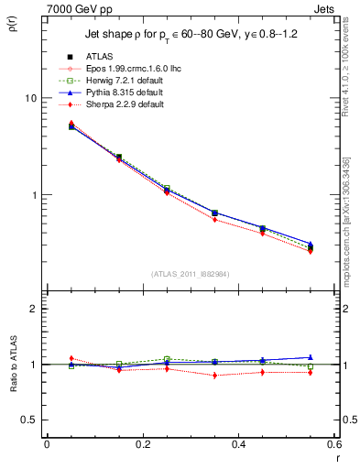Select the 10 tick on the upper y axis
[x=30, y=98]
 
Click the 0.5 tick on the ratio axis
[x=29, y=420]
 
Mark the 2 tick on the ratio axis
[x=33, y=309]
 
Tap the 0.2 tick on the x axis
[x=142, y=444]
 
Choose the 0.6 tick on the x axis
[x=334, y=444]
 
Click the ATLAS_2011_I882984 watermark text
[x=190, y=274]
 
